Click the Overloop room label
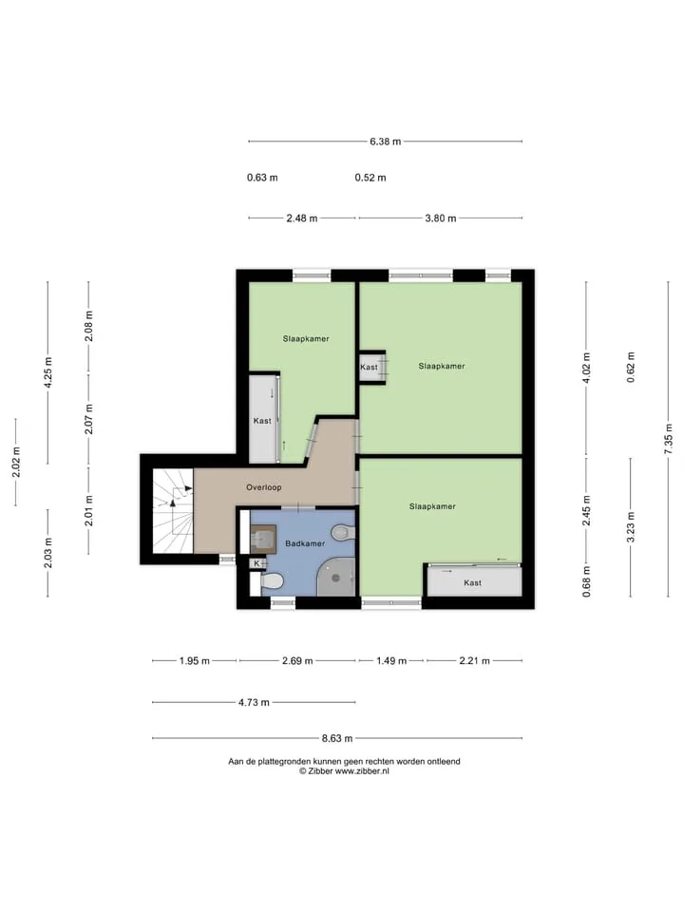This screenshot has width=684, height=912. pyautogui.click(x=263, y=487)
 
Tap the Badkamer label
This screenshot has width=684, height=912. pyautogui.click(x=305, y=543)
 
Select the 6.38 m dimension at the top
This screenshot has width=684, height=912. pyautogui.click(x=385, y=142)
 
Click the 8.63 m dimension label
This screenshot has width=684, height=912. pyautogui.click(x=337, y=738)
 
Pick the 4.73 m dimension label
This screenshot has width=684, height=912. pyautogui.click(x=254, y=703)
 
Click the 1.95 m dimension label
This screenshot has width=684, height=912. pyautogui.click(x=194, y=661)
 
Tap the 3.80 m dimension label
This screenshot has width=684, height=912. pyautogui.click(x=440, y=218)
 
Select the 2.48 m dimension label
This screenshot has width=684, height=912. pyautogui.click(x=302, y=218)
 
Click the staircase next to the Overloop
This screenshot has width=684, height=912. pyautogui.click(x=173, y=511)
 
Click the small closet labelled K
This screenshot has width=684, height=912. pyautogui.click(x=256, y=563)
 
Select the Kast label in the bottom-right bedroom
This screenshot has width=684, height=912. pyautogui.click(x=472, y=582)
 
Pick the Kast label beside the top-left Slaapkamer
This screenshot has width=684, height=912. pyautogui.click(x=262, y=421)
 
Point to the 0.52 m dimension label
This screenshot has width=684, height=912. pyautogui.click(x=370, y=178)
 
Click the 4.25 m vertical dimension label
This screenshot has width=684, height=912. pyautogui.click(x=47, y=372)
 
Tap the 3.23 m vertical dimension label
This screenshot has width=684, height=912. pyautogui.click(x=631, y=527)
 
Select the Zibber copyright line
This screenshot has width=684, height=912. pyautogui.click(x=344, y=771)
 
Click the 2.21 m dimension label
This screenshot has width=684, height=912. pyautogui.click(x=475, y=661)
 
